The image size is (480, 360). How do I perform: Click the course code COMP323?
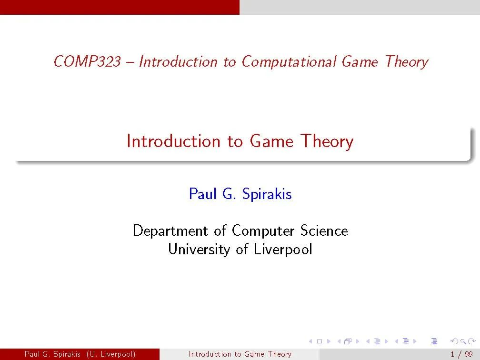click(x=87, y=61)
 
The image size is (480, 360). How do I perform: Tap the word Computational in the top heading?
click(x=289, y=62)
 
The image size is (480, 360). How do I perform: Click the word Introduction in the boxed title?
click(x=173, y=141)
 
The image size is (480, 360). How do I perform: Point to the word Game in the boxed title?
click(x=271, y=141)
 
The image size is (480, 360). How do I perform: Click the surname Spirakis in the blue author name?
click(x=267, y=194)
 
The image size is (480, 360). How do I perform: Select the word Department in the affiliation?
click(x=170, y=231)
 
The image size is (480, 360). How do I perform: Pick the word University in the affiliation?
click(x=199, y=249)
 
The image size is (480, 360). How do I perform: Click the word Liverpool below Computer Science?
click(x=283, y=249)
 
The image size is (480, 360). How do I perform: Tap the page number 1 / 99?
click(x=461, y=354)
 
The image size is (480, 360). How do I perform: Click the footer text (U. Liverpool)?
click(x=111, y=354)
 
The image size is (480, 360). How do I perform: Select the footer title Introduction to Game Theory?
click(x=240, y=354)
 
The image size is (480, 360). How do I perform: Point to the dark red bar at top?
click(x=120, y=7)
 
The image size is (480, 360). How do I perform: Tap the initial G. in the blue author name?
click(x=230, y=194)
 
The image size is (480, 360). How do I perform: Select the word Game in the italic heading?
click(x=360, y=61)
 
